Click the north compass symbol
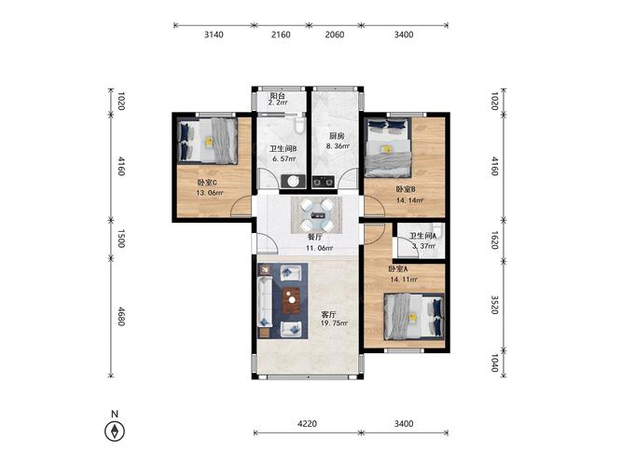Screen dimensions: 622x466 pos(115,432)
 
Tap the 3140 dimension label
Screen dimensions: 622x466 pos(214,34)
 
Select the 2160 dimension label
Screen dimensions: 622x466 pos(281,34)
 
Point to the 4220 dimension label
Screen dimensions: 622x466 pos(308,423)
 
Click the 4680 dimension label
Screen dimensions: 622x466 pos(121,316)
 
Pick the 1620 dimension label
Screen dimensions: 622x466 pos(494,240)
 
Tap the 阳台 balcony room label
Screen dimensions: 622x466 pos(278,96)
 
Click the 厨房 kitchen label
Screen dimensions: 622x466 pos(337,136)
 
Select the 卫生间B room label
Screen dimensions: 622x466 pos(283,149)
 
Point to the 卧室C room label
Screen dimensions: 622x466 pos(207,183)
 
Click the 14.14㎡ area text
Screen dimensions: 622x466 pos(409,200)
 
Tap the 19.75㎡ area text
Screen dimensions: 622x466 pos(335,323)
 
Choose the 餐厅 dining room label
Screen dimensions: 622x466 pos(315,238)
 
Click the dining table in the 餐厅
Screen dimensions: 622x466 pos(316,215)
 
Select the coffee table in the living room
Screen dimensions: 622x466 pos(292,300)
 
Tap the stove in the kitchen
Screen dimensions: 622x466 pos(324,182)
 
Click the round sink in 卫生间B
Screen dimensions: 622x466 pos(293,181)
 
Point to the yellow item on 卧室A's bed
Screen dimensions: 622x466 pos(413,317)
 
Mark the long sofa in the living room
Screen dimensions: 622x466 pos(265,302)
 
